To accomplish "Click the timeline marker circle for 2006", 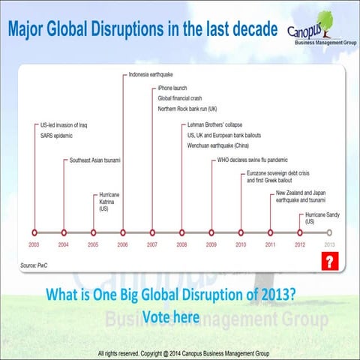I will (x=123, y=232).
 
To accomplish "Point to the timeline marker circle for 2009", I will (x=211, y=232).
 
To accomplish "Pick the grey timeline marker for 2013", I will (x=329, y=232).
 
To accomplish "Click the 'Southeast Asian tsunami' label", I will (x=95, y=160).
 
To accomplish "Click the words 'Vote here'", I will (x=170, y=317).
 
